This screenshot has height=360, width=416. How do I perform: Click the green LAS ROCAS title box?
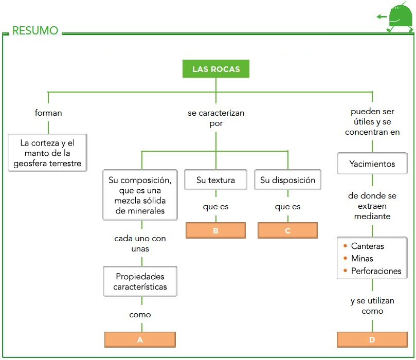tap(216, 69)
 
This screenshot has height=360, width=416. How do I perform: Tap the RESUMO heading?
tap(35, 31)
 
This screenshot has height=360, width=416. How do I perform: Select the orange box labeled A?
tap(140, 340)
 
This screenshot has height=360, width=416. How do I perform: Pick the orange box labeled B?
tap(215, 231)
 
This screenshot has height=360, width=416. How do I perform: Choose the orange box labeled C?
tap(287, 231)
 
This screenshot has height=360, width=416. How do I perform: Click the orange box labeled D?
tap(372, 340)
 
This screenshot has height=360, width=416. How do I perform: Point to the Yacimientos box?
tap(372, 165)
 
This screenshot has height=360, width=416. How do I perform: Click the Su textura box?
tap(215, 181)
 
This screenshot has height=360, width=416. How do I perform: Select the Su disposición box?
tap(287, 181)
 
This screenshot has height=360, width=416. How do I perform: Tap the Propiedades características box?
tap(140, 281)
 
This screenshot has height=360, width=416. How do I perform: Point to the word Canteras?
tap(367, 246)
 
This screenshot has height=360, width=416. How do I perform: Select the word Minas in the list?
tap(362, 259)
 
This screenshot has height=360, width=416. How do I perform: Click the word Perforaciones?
tap(376, 271)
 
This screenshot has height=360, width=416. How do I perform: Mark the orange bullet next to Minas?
tap(345, 259)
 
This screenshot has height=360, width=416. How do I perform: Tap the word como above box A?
tap(140, 314)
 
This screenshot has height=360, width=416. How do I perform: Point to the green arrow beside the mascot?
tap(381, 17)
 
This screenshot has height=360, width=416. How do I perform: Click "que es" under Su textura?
tap(215, 207)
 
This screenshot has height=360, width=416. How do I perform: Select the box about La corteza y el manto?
tap(47, 153)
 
